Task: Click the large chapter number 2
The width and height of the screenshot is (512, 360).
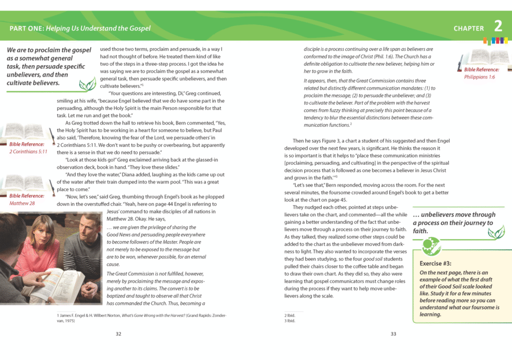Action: (x=498, y=27)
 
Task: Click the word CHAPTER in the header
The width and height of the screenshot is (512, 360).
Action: (x=469, y=29)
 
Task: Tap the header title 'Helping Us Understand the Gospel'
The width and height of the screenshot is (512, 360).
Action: (x=98, y=28)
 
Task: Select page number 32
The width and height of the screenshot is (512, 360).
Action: (x=119, y=333)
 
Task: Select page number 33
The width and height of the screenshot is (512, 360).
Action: (x=393, y=333)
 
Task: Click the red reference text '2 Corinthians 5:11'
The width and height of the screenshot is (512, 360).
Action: (x=29, y=151)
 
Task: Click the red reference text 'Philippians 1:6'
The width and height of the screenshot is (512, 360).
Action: (x=479, y=77)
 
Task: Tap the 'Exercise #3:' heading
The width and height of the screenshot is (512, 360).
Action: (x=436, y=264)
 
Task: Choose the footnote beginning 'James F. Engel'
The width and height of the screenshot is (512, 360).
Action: (x=141, y=318)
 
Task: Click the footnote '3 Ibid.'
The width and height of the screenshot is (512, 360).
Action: (x=289, y=321)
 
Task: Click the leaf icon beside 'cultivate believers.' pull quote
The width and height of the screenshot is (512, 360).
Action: (x=86, y=84)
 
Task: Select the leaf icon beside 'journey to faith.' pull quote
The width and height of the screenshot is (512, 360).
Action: (x=495, y=232)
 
